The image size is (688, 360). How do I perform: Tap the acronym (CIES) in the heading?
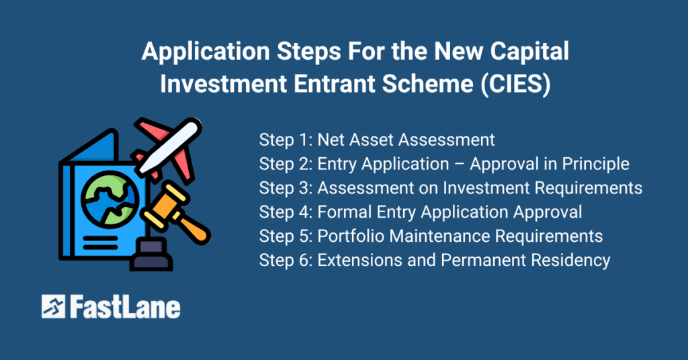pos(515,83)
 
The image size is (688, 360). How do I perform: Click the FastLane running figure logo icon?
pos(53,306)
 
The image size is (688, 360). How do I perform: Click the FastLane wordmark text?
pos(124,306)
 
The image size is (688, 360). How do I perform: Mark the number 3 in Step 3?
pos(305,188)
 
